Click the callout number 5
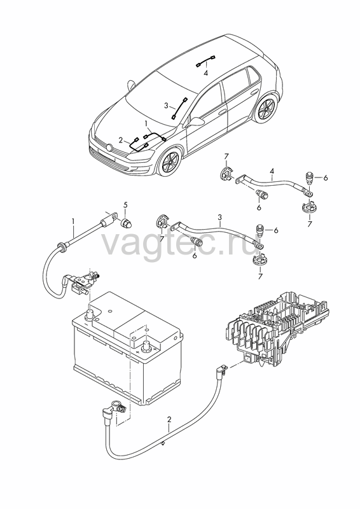(x=125, y=205)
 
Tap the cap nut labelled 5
(x=125, y=223)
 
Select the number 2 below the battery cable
(x=169, y=419)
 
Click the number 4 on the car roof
(x=206, y=73)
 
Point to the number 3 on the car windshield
(x=166, y=106)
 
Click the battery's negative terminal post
(x=90, y=314)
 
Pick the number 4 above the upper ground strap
(x=272, y=171)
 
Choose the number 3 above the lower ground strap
(x=220, y=216)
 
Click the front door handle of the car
(x=222, y=112)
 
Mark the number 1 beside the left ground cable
(x=73, y=221)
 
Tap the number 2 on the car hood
(x=121, y=140)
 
